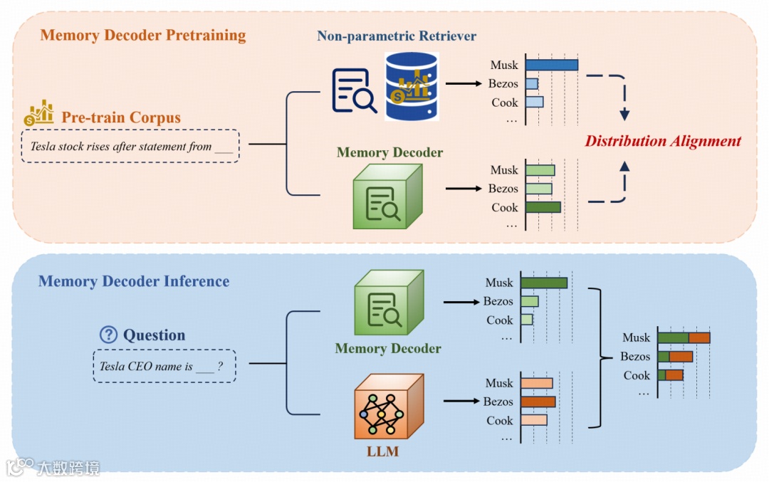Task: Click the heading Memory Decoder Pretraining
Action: point(143,36)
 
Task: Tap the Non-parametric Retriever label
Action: point(397,36)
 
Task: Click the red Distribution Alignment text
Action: point(663,141)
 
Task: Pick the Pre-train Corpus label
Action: point(121,117)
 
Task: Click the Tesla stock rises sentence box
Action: point(130,147)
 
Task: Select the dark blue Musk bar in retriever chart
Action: point(552,65)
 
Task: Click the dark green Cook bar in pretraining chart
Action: point(543,207)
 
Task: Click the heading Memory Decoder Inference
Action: point(134,281)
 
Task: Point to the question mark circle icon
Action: point(108,335)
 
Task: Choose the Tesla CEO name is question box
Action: point(164,367)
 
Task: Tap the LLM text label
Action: point(382,452)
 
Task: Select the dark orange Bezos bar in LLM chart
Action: point(538,402)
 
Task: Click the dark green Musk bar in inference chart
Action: point(544,283)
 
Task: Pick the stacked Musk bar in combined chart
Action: point(684,337)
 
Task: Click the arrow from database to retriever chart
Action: point(462,84)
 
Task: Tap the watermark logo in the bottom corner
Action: point(53,468)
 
